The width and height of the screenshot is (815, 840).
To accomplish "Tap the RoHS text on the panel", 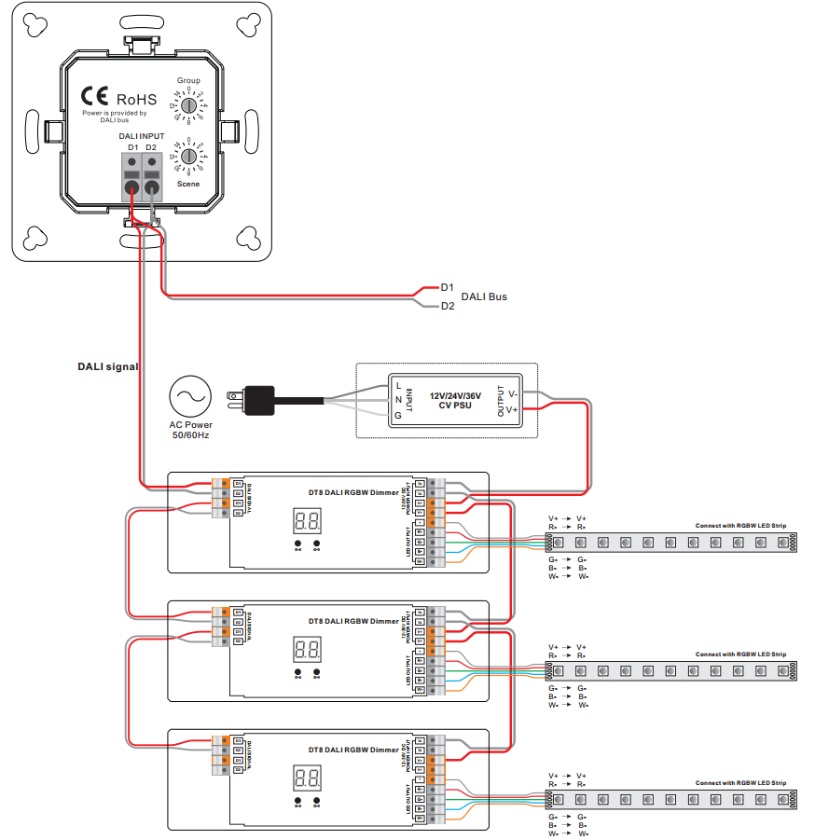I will (x=136, y=99).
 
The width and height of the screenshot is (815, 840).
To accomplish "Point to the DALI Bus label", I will (x=484, y=296).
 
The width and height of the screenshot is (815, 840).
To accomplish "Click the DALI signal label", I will (x=107, y=366).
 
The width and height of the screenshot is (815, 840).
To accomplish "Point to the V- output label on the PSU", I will (x=512, y=393).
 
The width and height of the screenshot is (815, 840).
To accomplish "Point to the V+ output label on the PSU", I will (x=512, y=409).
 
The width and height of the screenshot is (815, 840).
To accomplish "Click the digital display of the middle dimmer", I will (x=307, y=650).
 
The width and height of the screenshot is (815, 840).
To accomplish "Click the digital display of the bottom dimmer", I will (x=307, y=778).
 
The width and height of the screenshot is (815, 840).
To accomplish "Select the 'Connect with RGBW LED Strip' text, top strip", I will (x=740, y=526).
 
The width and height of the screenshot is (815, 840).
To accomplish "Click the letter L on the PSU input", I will (x=399, y=384).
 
